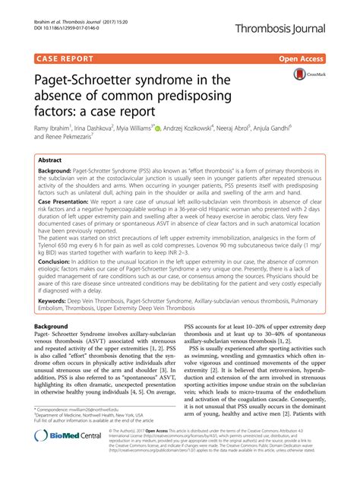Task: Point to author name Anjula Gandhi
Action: tap(301, 128)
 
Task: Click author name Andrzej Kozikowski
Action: tap(204, 128)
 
